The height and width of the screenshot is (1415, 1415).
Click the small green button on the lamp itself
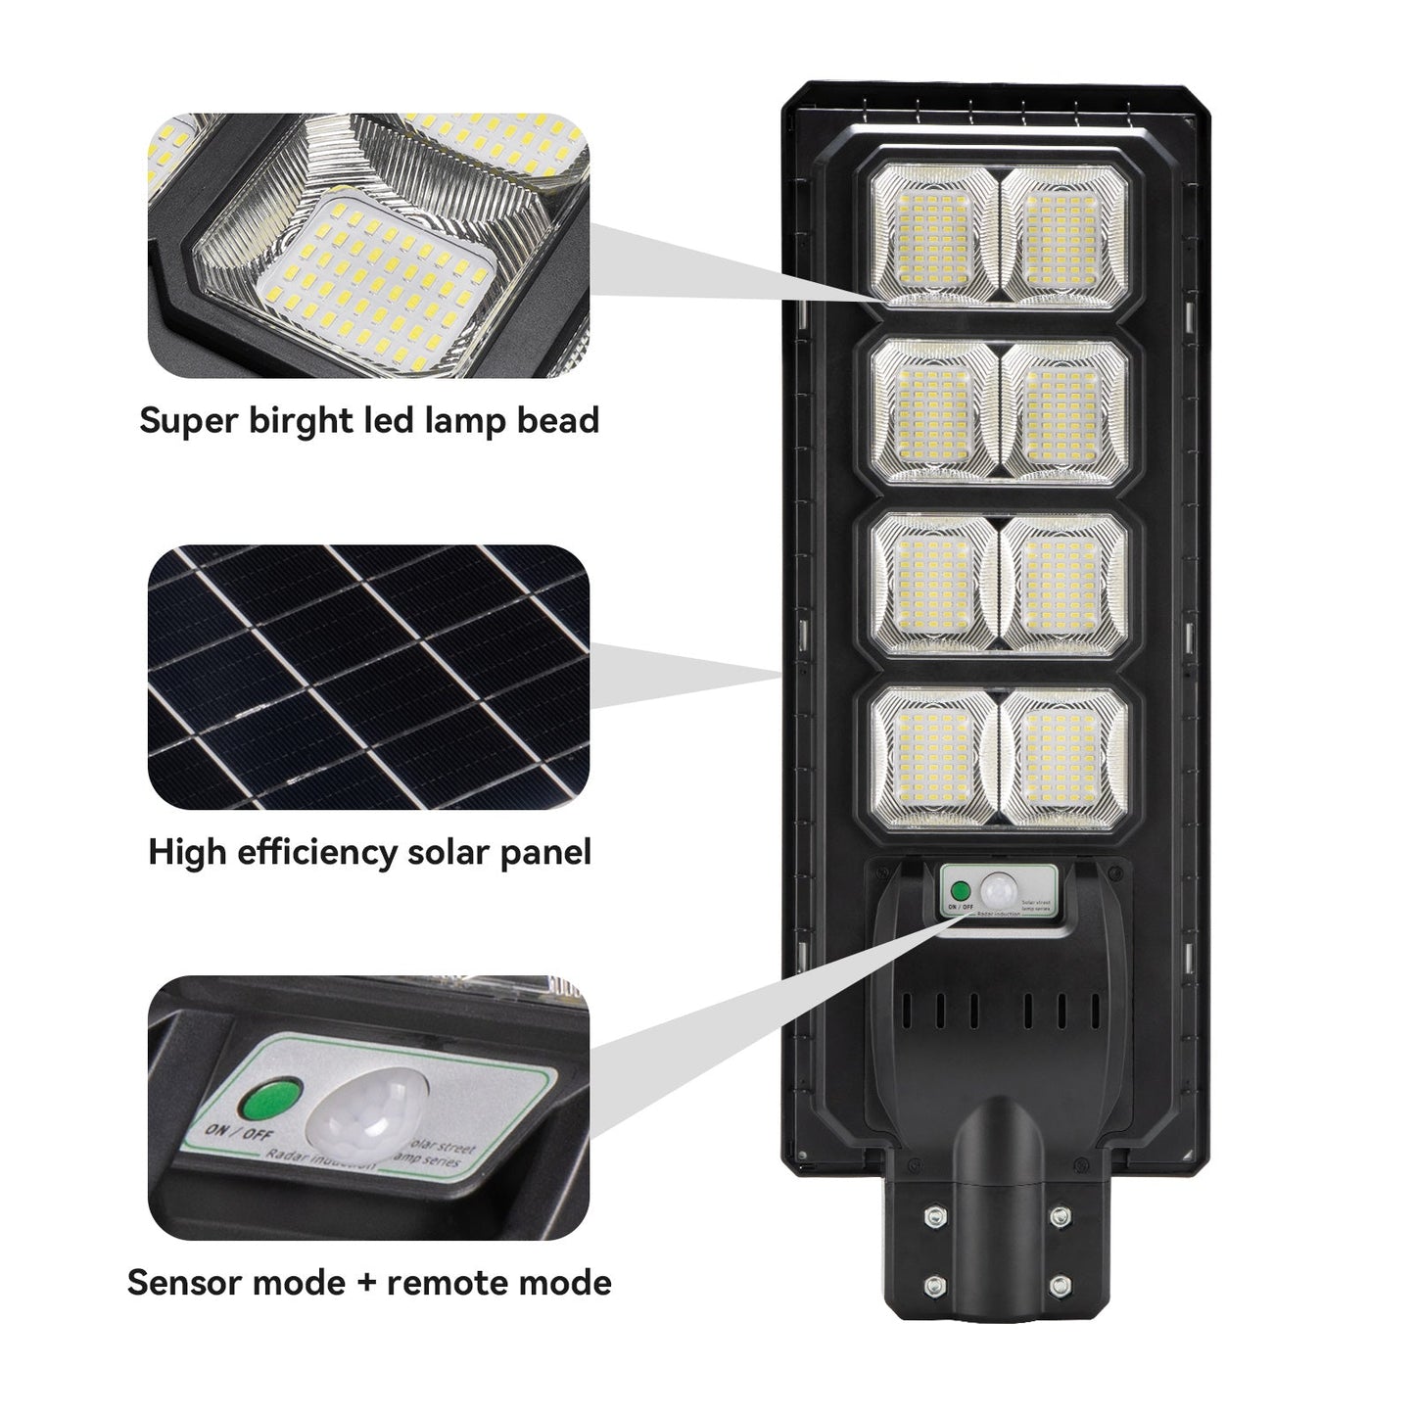tap(961, 891)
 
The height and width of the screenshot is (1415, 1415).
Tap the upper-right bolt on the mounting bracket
tap(1059, 1215)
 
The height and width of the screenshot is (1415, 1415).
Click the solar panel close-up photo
tap(368, 677)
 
